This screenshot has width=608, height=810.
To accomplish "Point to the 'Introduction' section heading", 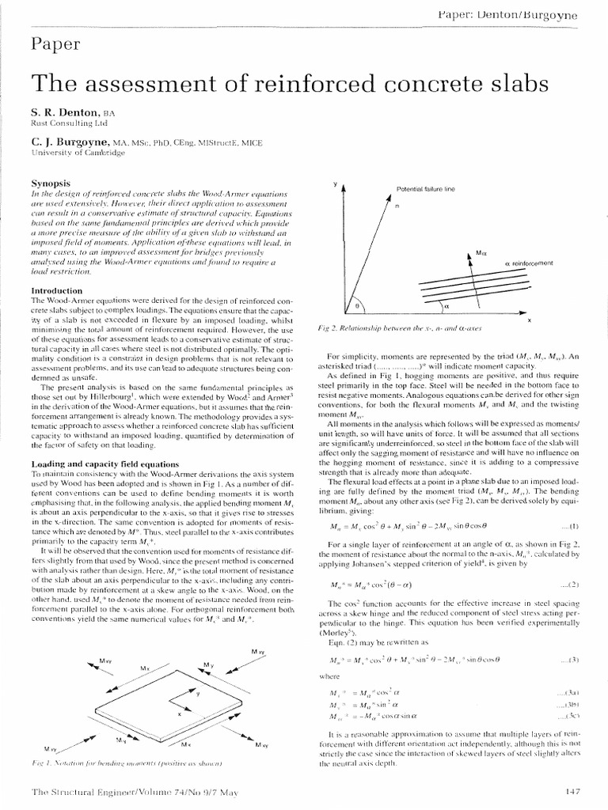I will [x=57, y=290].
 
